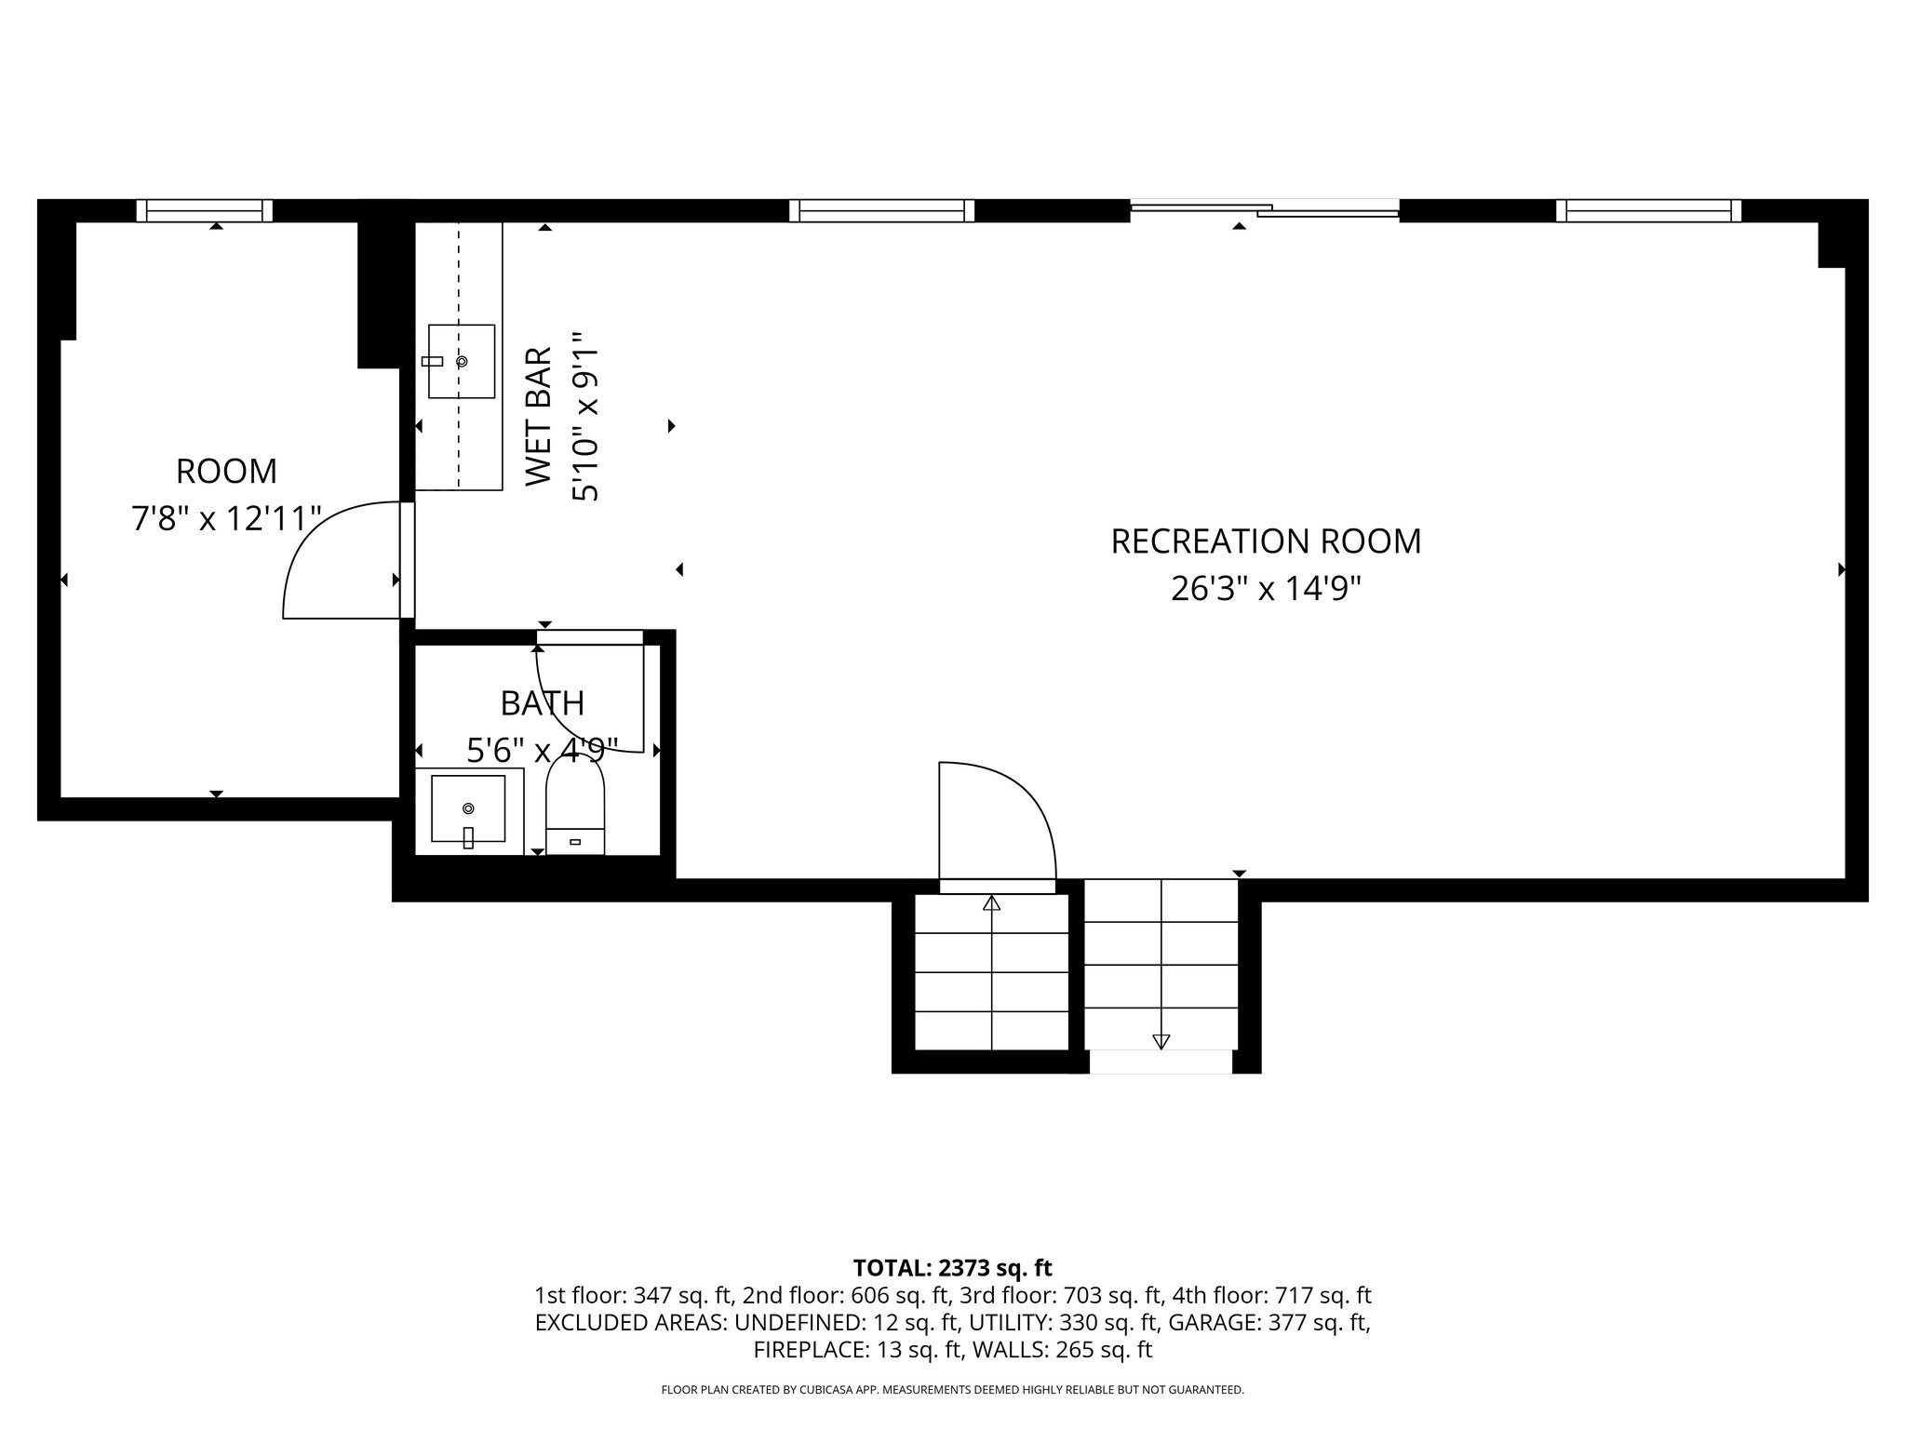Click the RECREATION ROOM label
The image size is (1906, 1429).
(x=1266, y=541)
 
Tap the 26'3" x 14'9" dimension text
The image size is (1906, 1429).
(x=1266, y=589)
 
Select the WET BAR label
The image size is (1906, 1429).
(x=539, y=416)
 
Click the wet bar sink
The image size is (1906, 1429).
(x=461, y=361)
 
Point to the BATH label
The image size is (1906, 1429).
(x=543, y=703)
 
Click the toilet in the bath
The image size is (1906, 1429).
(x=575, y=807)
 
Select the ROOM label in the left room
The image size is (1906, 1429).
(x=226, y=472)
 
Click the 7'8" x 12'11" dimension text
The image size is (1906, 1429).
(x=226, y=518)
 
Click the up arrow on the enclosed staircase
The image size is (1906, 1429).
(x=991, y=902)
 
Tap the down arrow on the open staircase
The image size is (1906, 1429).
(x=1161, y=1041)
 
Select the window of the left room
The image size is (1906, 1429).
(x=205, y=211)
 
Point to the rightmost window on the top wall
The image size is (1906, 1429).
(x=1648, y=211)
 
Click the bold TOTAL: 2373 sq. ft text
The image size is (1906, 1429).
(x=952, y=1268)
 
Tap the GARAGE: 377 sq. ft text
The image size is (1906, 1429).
(x=1268, y=1322)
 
